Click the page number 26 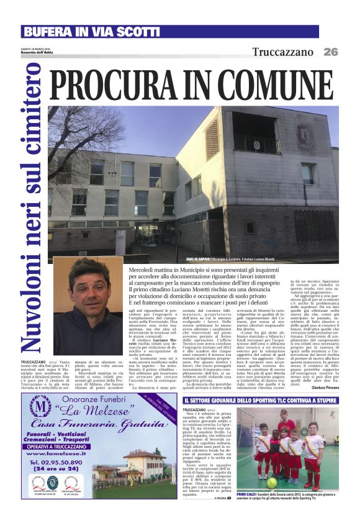[x=331, y=52]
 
